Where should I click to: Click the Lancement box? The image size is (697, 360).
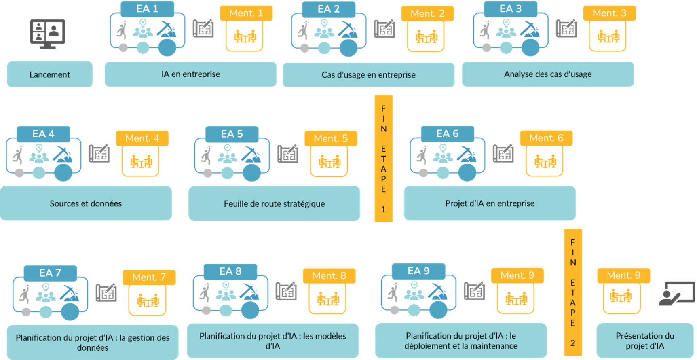[50, 74]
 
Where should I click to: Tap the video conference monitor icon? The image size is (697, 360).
[48, 34]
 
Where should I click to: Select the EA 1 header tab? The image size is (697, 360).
[147, 9]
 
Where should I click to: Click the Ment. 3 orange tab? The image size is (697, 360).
[609, 13]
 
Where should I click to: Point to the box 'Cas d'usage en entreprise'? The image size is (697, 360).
[368, 75]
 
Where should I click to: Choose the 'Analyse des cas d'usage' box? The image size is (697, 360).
[548, 74]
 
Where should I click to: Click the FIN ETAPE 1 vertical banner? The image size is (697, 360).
[383, 159]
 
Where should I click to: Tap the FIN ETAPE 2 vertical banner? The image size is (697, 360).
[573, 292]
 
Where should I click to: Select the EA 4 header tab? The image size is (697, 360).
[43, 134]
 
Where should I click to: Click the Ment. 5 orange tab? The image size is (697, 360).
[331, 138]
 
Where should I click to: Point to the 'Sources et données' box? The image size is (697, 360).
[86, 203]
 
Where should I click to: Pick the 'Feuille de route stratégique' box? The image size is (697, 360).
[274, 204]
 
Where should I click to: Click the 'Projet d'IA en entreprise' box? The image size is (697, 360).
[490, 203]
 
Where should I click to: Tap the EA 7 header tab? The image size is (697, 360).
[50, 273]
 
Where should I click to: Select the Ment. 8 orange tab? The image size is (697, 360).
[329, 276]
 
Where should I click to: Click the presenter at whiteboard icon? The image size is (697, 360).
[676, 294]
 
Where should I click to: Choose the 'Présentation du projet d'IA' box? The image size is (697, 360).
[645, 341]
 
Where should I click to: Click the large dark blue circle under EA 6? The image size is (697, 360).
[467, 173]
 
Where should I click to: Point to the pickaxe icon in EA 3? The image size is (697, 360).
[530, 29]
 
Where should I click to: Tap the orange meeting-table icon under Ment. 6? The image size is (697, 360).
[545, 162]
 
